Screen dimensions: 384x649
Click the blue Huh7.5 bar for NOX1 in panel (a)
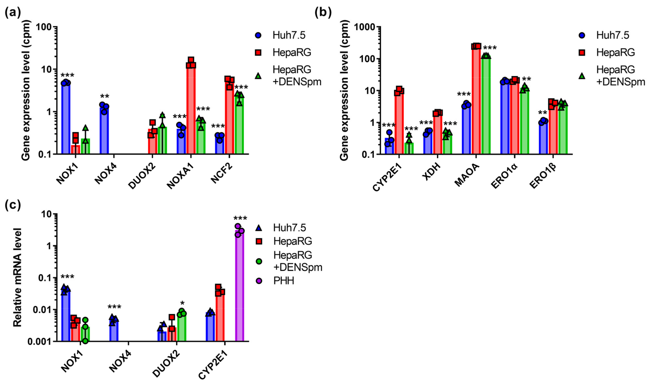coord(66,119)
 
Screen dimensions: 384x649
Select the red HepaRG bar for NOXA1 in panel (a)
coord(191,109)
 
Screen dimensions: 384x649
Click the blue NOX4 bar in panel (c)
coord(114,331)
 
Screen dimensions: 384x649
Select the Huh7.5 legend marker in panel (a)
coord(258,35)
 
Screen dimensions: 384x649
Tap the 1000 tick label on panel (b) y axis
coord(364,27)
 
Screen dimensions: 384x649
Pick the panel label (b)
coord(323,12)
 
